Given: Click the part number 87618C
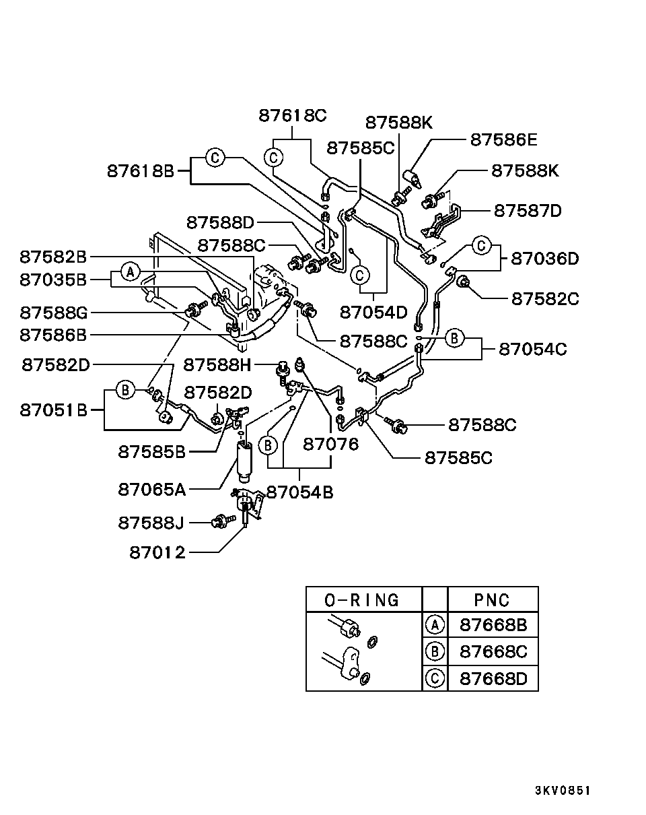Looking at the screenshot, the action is (293, 115).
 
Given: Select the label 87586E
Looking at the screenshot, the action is (504, 139).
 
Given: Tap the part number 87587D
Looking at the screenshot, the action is (528, 211).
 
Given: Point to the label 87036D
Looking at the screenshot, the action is (544, 259).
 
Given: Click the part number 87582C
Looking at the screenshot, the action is (545, 299).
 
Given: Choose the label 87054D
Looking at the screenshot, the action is (373, 313).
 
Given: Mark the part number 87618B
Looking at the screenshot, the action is (141, 171).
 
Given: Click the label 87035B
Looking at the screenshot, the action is (53, 280).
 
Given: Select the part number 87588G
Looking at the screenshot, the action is (54, 313).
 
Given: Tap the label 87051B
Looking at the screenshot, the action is (53, 410).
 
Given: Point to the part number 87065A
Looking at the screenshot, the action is (152, 490).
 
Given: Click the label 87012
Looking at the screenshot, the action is (157, 552).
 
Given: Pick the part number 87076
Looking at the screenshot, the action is (330, 445).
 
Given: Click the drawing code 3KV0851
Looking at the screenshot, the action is (563, 791).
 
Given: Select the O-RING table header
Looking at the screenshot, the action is (362, 600).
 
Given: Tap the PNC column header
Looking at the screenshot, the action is (492, 600).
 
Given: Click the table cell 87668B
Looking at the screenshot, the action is (493, 625).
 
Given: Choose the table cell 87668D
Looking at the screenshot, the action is (493, 679).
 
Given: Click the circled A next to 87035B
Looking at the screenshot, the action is (131, 271).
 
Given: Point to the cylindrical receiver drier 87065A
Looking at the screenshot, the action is (244, 462).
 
